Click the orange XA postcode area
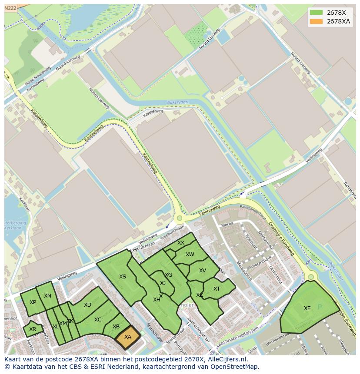point(128,337)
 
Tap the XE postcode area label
point(307,308)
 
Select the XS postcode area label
point(123,277)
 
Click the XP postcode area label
point(33,302)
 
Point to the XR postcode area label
point(33,329)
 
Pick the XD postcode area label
point(87,305)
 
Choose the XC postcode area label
point(98,320)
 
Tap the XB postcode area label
point(116,327)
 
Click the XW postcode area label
point(190,255)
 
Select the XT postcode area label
point(217,289)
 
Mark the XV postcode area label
point(203,271)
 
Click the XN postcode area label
point(47,296)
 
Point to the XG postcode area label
point(169,275)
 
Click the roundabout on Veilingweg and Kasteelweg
point(179,218)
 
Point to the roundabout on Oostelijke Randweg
point(311,277)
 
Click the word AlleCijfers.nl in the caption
point(225,360)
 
